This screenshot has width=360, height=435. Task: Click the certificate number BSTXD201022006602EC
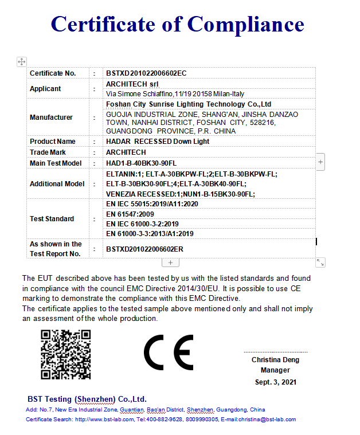[x=146, y=73]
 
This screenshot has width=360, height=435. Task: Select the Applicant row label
[x=45, y=89]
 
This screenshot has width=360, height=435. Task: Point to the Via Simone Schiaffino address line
[x=175, y=93]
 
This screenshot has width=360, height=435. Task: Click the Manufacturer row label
[x=51, y=117]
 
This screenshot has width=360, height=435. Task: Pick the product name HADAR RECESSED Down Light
[x=158, y=142]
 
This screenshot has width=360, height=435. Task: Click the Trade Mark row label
[x=48, y=152]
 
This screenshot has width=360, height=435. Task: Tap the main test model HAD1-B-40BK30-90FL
[x=142, y=163]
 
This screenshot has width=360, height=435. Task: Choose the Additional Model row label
[x=57, y=184]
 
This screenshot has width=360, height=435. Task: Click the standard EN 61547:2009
[x=130, y=214]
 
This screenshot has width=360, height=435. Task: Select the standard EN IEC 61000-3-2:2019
[x=143, y=224]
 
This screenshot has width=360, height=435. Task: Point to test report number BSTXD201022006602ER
[x=144, y=249]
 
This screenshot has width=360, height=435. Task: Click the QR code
[x=66, y=354]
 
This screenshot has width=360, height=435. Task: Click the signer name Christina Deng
[x=275, y=360]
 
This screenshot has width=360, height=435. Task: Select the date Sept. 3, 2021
[x=276, y=382]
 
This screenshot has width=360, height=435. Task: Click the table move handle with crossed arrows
[x=21, y=61]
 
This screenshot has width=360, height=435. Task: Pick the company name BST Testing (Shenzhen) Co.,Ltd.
[x=87, y=399]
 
